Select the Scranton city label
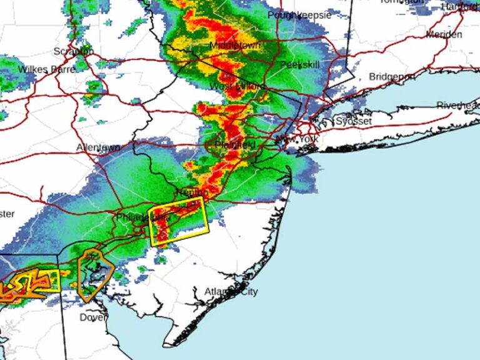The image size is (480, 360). [x=74, y=51]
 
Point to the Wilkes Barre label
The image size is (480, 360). [x=47, y=69]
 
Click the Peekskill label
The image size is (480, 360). [x=300, y=64]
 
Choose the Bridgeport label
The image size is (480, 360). [x=392, y=76]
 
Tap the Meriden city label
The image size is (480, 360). [x=444, y=34]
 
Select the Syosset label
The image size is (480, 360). [x=354, y=121]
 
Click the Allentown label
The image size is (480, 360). [x=98, y=147]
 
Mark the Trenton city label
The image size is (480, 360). [x=191, y=192]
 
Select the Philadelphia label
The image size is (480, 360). [x=143, y=217]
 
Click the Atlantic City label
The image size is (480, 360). [x=231, y=292]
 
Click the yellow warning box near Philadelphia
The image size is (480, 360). [x=180, y=224]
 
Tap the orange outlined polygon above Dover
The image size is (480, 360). [x=94, y=274]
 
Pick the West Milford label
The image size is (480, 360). [x=237, y=86]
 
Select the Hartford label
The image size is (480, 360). [x=461, y=6]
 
